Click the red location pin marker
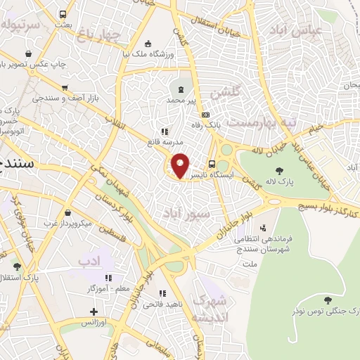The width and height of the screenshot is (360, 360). pyautogui.click(x=180, y=165)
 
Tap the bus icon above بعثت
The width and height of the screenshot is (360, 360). pyautogui.click(x=63, y=13)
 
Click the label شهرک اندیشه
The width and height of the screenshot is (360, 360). pyautogui.click(x=210, y=308)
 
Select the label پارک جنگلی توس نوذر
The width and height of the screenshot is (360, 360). pyautogui.click(x=326, y=309)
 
